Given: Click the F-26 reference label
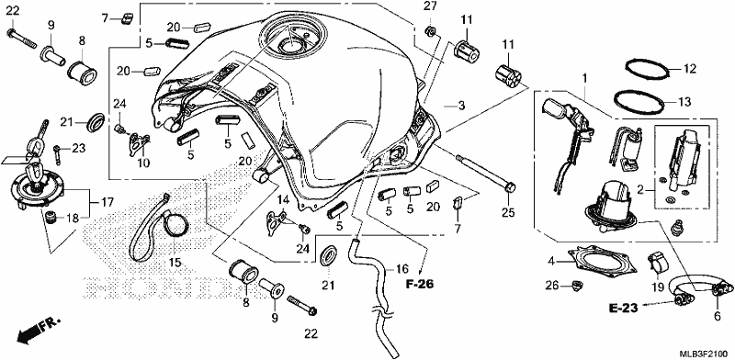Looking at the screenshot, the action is (421, 284).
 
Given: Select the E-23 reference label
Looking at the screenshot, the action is (624, 308).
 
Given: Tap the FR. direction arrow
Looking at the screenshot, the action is (39, 330).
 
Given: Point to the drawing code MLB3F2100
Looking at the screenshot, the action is (706, 352).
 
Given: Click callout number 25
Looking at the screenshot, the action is (507, 213).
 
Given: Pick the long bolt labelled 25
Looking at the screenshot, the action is (485, 172).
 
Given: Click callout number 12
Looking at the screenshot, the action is (690, 69).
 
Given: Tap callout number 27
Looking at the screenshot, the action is (430, 6).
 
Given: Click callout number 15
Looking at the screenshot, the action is (175, 263).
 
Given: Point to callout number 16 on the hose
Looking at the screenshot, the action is (401, 268).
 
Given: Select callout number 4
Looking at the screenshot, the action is (551, 261).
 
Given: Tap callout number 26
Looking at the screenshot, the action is (552, 285).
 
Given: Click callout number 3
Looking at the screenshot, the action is (462, 107).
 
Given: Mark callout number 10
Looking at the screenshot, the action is (143, 163).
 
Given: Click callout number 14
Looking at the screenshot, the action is (281, 200).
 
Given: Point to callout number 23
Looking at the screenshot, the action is (79, 149).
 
